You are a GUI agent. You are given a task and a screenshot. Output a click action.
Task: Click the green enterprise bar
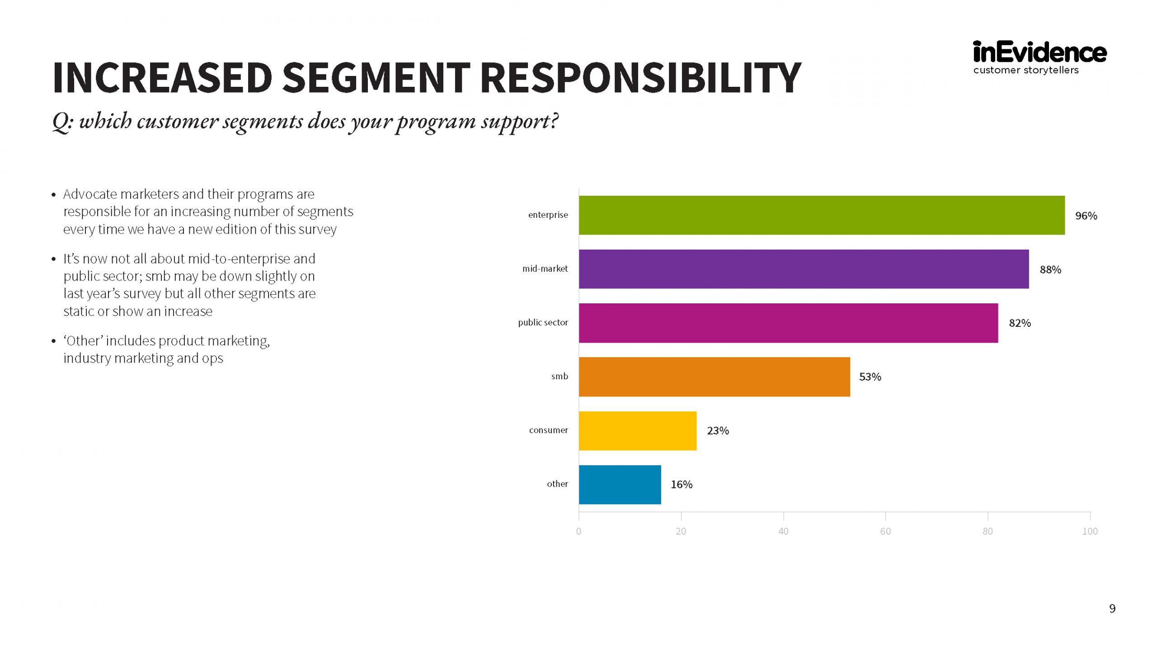[821, 215]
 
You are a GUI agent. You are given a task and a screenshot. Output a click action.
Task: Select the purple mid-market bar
[804, 269]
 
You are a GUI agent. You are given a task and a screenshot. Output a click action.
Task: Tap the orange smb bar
[714, 377]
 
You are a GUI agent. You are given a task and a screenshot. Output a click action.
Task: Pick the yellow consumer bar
[637, 430]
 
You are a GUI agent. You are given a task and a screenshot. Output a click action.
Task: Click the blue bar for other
[620, 484]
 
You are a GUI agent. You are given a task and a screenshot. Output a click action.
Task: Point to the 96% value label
[1086, 216]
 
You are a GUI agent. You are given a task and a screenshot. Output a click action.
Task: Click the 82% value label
[1020, 323]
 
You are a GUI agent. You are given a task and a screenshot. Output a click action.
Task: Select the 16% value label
[681, 484]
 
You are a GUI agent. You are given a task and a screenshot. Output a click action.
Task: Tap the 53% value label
[870, 377]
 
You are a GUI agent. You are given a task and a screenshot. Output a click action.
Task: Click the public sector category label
[542, 322]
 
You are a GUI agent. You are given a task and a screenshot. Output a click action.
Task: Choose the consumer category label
[548, 430]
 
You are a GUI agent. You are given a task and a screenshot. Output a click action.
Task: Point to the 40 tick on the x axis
[783, 531]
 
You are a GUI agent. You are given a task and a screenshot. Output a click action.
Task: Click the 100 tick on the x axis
[1090, 531]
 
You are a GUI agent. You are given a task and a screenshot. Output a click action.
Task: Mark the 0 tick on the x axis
[578, 531]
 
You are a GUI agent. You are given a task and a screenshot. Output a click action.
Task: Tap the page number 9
[1112, 609]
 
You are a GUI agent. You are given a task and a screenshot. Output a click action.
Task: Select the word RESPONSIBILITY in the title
[640, 77]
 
